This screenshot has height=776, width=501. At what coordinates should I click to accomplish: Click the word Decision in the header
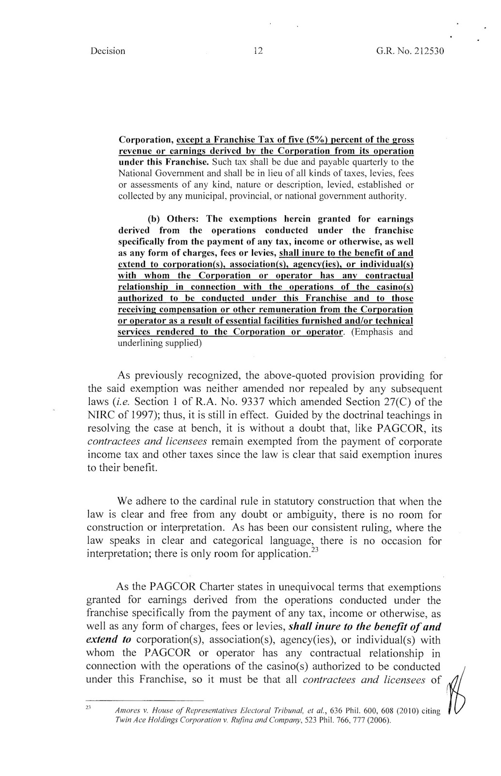(108, 51)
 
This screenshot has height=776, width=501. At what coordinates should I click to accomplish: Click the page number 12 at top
(258, 51)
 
